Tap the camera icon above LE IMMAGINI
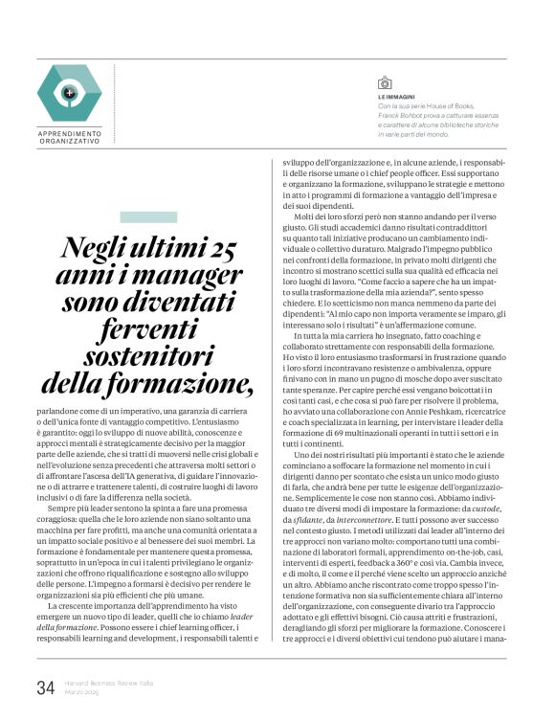385,83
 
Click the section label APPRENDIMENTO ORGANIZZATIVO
70,136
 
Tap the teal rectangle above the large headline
147,217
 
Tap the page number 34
45,687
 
